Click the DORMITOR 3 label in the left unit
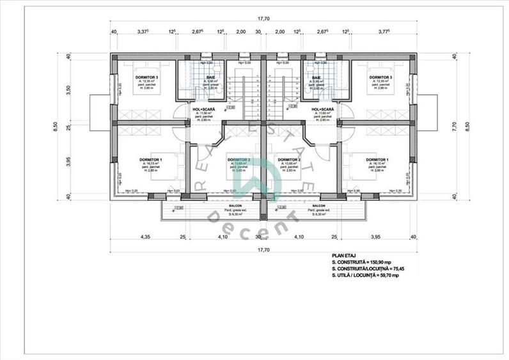click(x=146, y=77)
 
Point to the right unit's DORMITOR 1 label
click(x=379, y=159)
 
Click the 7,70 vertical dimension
click(x=455, y=125)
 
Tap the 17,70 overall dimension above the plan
click(x=262, y=19)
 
